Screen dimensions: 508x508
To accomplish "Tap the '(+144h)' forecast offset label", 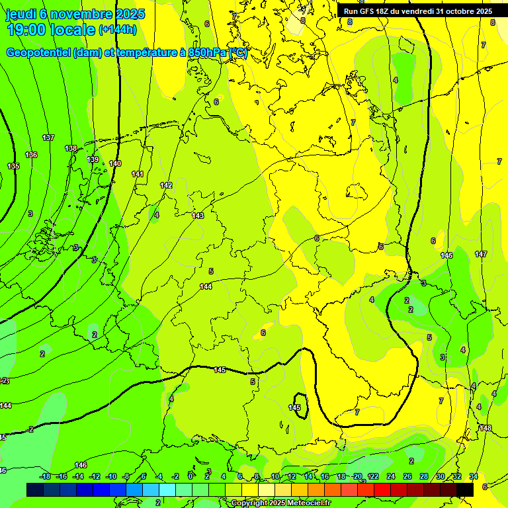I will coord(118,30).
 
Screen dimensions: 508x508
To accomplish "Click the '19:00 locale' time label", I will coord(51,30).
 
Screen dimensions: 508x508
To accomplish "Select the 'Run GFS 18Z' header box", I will coord(418,11).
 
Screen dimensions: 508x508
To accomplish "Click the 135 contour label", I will coord(13,166).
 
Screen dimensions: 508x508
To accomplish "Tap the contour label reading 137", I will coord(48,138).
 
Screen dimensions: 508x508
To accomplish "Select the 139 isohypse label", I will coord(93,160).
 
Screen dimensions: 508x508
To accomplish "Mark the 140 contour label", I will coord(115,163).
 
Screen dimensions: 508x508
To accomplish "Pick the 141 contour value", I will coord(138,174).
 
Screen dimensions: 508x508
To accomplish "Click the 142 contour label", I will coord(166,186).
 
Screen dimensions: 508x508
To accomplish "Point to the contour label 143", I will coord(198,216).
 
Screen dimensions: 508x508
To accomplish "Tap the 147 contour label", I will coord(481,254).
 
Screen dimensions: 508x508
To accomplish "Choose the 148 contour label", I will coord(486,428).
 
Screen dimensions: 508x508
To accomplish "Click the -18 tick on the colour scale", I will coord(45,476).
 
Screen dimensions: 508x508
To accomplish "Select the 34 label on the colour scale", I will coord(474,476).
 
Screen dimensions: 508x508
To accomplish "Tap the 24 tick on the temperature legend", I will coord(391,476).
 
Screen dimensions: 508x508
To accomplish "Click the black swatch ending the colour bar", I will coord(465,489).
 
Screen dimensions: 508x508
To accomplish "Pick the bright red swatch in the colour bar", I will coord(382,489).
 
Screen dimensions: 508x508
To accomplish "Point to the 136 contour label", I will coord(31,155).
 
